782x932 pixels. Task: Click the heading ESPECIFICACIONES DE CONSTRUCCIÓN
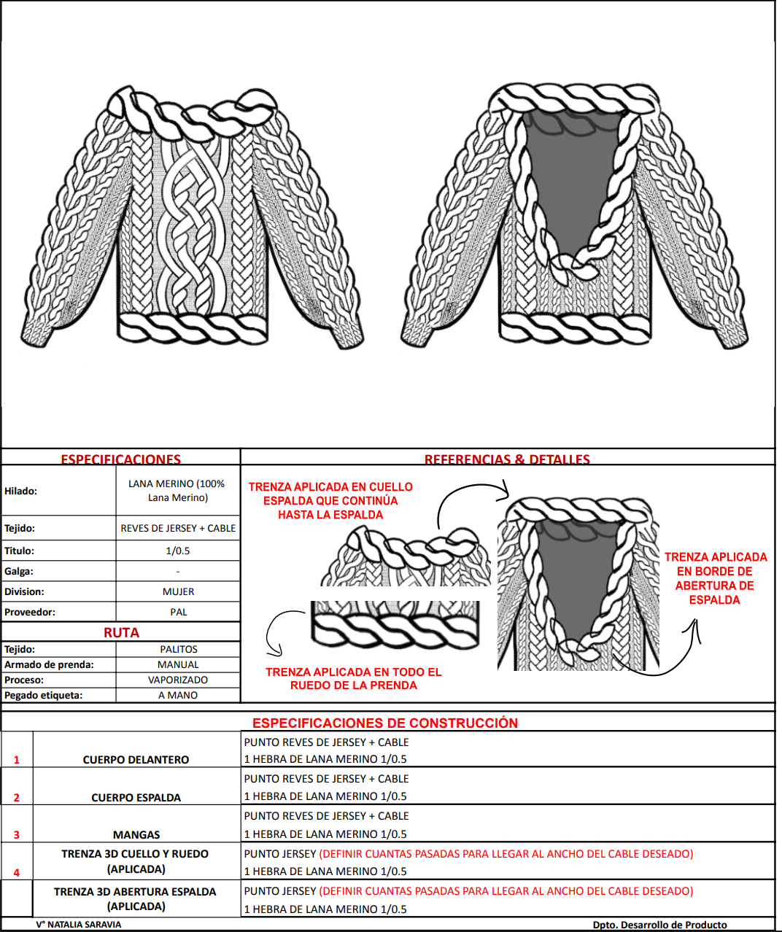click(x=384, y=723)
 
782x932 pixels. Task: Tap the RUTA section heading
click(x=121, y=632)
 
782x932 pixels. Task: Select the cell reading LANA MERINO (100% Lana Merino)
click(x=178, y=491)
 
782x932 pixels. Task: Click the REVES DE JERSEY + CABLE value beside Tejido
click(x=178, y=528)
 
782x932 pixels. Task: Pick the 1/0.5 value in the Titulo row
click(x=178, y=551)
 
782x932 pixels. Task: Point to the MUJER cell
click(x=178, y=591)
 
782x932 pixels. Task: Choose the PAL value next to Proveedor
click(x=178, y=612)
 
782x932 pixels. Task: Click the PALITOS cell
click(x=178, y=649)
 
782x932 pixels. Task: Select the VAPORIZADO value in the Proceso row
click(x=178, y=680)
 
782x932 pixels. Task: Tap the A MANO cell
click(x=178, y=695)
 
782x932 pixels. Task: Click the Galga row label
click(x=19, y=571)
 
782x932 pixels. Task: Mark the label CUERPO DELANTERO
click(x=136, y=759)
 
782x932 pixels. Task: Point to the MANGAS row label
click(x=136, y=834)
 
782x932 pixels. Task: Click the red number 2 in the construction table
click(x=17, y=797)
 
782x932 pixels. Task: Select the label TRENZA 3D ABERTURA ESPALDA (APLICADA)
click(x=136, y=898)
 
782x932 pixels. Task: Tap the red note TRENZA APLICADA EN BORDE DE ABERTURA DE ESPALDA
click(x=715, y=578)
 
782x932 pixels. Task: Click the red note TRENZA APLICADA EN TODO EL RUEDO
click(x=353, y=678)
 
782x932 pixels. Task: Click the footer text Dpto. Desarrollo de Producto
click(x=659, y=924)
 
